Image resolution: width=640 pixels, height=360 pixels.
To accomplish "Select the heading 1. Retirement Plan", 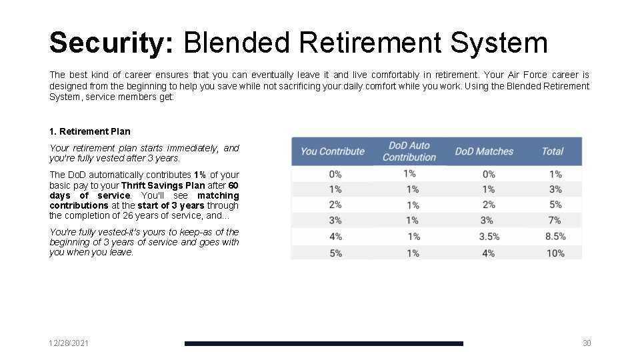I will coord(90,131).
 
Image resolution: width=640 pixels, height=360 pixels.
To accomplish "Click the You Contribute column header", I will coord(333,151).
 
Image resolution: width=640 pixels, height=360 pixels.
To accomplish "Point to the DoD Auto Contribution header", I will coord(409,151).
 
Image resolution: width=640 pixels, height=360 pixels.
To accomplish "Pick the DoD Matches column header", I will coord(484,151).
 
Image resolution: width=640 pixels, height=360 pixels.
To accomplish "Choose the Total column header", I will coord(553,151).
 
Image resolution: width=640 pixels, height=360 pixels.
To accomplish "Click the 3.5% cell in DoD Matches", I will coord(489,237).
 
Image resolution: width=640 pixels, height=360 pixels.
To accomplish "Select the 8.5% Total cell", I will coord(555,237).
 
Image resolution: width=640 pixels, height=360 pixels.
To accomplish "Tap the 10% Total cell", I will coord(555,253).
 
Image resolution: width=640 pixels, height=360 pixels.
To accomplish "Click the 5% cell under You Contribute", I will coord(335,253).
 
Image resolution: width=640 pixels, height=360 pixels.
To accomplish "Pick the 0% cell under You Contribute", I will coord(335,174).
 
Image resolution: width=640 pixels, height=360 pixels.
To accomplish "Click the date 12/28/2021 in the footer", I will coord(69,343).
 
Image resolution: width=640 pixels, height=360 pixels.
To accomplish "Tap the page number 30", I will coord(587,343).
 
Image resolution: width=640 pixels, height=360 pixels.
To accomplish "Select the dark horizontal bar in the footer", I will coord(323,343).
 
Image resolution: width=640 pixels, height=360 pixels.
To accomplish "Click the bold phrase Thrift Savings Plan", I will coord(163,185).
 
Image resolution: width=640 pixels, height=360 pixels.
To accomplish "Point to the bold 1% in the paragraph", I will coord(200,175).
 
